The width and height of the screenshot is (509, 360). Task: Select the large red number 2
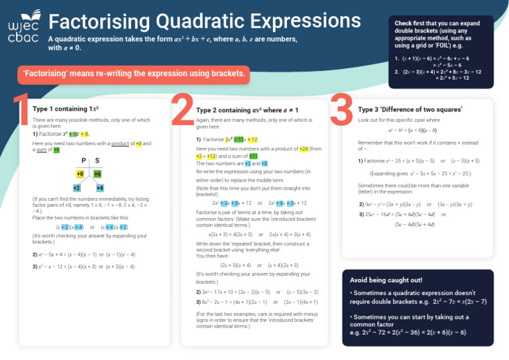182,109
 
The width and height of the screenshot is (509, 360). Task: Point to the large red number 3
341,109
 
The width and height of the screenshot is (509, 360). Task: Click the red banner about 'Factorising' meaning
134,74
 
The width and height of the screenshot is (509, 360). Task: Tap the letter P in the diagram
84,160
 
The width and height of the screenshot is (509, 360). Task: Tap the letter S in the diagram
97,160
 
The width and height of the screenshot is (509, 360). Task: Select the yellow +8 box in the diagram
80,174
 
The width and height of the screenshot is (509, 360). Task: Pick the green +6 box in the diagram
97,174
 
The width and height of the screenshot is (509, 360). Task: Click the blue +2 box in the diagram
77,188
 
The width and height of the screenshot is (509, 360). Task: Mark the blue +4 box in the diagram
99,188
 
